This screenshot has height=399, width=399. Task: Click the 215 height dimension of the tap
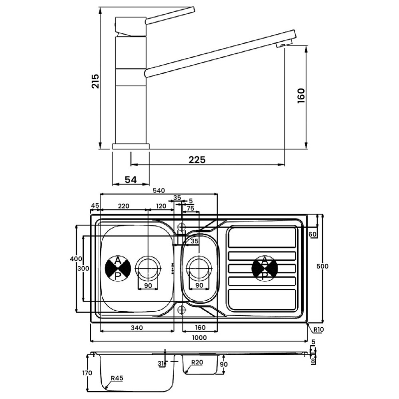click(x=95, y=81)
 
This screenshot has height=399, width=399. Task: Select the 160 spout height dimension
click(x=301, y=95)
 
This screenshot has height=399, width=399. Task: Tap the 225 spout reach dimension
click(x=197, y=160)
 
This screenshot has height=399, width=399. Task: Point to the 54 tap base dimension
click(x=131, y=180)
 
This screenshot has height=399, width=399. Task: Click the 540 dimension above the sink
click(x=159, y=190)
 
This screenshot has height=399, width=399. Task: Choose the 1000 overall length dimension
click(x=199, y=338)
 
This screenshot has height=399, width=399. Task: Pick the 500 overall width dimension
click(x=323, y=266)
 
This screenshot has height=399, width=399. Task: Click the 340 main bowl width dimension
click(x=137, y=328)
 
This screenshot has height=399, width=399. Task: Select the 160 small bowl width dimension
click(x=199, y=328)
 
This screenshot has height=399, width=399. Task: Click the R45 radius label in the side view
click(x=117, y=379)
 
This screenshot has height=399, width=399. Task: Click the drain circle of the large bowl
click(x=148, y=268)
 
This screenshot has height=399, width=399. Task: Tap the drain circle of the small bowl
click(x=199, y=268)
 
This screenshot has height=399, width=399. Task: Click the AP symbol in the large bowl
click(x=118, y=268)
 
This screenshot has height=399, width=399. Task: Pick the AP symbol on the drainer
click(x=265, y=268)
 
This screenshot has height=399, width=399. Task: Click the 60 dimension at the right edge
click(x=313, y=234)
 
